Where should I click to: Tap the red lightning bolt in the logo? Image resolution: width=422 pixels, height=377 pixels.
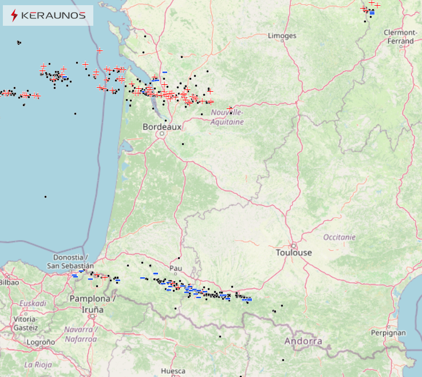tap(14, 16)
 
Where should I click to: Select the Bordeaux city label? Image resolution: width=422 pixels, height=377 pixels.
tap(162, 127)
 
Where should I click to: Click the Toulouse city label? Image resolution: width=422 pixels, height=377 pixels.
tap(294, 253)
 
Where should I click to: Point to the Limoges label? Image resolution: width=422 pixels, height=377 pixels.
tap(282, 36)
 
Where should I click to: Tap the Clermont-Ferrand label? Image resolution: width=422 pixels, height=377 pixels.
tap(400, 37)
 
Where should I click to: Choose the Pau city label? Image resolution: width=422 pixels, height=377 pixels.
tap(176, 268)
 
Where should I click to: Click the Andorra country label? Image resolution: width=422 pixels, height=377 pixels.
tap(303, 341)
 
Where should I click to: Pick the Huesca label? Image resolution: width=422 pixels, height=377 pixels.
tap(173, 371)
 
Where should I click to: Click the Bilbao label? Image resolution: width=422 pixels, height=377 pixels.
tap(9, 282)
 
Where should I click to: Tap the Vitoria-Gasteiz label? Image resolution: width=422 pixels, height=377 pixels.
tap(25, 324)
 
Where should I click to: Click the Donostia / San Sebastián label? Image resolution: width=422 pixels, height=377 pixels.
tap(71, 262)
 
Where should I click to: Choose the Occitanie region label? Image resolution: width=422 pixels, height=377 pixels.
tap(340, 237)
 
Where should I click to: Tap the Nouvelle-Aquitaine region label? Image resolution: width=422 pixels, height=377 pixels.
tap(227, 117)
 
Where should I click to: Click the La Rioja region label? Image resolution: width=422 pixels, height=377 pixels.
tap(37, 364)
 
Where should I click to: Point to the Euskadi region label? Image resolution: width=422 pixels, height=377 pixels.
tap(33, 303)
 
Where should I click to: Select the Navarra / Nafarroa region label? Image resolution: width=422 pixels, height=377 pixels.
tap(81, 335)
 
